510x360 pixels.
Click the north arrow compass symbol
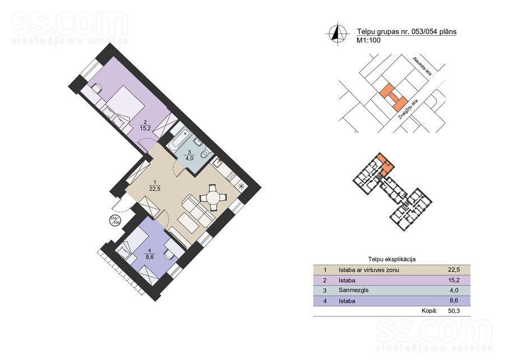click(337, 33)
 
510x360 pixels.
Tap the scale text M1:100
click(369, 41)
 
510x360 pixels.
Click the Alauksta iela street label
click(423, 66)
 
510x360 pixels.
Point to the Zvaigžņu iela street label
click(407, 110)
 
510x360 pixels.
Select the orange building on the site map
click(393, 96)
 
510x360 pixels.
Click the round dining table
click(214, 197)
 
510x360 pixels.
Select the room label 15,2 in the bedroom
click(145, 128)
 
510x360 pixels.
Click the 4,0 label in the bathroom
click(189, 158)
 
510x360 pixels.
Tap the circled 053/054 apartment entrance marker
click(114, 220)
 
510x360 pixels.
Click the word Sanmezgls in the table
click(354, 290)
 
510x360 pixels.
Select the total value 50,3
click(454, 311)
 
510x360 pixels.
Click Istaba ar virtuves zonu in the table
click(369, 270)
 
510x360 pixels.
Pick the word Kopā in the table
click(429, 311)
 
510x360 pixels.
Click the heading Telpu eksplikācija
click(392, 260)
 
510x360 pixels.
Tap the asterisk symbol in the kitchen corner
click(242, 187)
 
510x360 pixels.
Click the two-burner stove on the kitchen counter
click(232, 176)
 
